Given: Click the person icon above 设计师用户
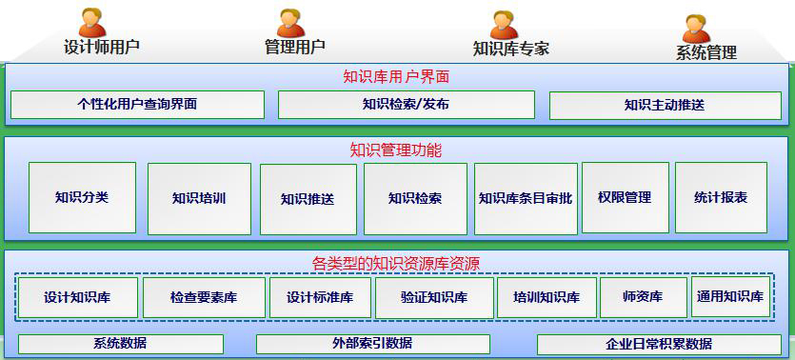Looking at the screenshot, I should pyautogui.click(x=92, y=22).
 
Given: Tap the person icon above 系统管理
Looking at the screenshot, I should pyautogui.click(x=696, y=28).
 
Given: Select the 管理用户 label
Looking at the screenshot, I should pyautogui.click(x=294, y=47).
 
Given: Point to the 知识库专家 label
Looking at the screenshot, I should pyautogui.click(x=510, y=49).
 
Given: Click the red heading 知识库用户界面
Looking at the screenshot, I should pyautogui.click(x=396, y=76).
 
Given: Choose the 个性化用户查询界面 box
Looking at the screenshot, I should pyautogui.click(x=137, y=105).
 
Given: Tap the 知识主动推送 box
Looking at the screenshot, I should pyautogui.click(x=664, y=106).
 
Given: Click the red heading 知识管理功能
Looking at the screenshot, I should pyautogui.click(x=396, y=150).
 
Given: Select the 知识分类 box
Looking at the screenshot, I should pyautogui.click(x=82, y=198).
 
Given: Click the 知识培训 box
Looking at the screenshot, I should pyautogui.click(x=199, y=199).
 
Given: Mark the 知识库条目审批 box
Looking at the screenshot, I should pyautogui.click(x=525, y=199).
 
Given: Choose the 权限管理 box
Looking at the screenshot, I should pyautogui.click(x=625, y=198).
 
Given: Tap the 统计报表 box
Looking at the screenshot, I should pyautogui.click(x=721, y=198).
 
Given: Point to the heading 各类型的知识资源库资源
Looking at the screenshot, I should pyautogui.click(x=396, y=263).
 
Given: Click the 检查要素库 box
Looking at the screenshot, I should pyautogui.click(x=204, y=298).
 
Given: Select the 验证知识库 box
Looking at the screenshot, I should pyautogui.click(x=434, y=298).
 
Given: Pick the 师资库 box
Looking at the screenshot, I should pyautogui.click(x=643, y=297).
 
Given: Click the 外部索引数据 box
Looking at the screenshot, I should pyautogui.click(x=372, y=344).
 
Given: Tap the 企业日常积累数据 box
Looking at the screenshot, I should pyautogui.click(x=659, y=345).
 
